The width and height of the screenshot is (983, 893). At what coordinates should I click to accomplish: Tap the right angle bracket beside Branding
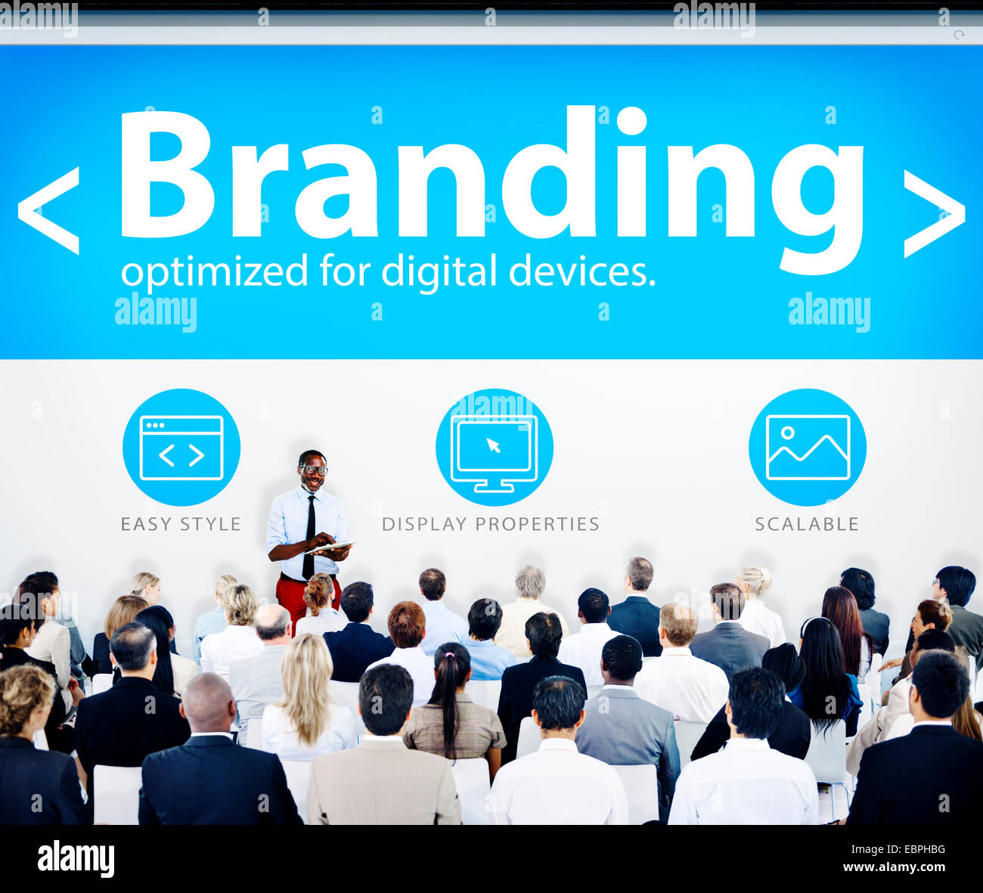tap(934, 213)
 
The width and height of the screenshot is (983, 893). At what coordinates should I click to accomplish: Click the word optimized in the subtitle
tap(214, 271)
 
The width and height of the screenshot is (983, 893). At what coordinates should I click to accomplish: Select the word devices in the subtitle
tap(581, 271)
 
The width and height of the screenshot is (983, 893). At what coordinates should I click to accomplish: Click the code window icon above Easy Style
tap(181, 448)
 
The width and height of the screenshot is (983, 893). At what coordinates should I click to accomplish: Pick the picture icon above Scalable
tap(808, 448)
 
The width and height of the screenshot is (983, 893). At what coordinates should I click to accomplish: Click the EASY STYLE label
tap(181, 524)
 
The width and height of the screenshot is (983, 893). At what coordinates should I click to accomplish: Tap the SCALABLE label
tap(807, 524)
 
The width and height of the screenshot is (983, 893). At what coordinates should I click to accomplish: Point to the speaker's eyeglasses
tap(313, 470)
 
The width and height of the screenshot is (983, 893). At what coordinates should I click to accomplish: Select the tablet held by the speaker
tap(332, 547)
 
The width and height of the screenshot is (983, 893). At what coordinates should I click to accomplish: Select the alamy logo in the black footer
tap(76, 859)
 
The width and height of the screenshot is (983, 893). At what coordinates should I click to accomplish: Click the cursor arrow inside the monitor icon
tap(494, 445)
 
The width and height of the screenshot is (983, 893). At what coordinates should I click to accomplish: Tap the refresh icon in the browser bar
tap(959, 35)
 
